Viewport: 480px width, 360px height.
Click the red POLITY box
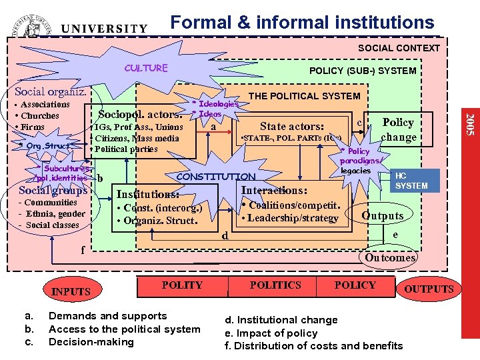pos(181,285)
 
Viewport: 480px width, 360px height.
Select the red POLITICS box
pos(275,285)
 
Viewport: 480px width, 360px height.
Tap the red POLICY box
pos(355,285)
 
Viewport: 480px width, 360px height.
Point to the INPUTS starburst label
pos(71,291)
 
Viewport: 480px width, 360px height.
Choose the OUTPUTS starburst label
pos(429,289)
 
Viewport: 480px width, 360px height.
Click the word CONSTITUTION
pos(215,177)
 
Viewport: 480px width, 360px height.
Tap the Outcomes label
pos(390,257)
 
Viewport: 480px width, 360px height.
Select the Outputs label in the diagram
pos(382,215)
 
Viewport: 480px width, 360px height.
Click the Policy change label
pos(398,130)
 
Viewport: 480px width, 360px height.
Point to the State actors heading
pos(292,127)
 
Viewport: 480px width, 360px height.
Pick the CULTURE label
pos(146,68)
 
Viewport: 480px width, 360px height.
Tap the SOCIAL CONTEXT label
pos(399,48)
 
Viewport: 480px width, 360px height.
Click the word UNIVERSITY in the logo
pos(104,29)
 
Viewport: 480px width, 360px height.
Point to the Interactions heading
pos(274,191)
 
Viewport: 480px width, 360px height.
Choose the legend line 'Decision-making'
pos(91,342)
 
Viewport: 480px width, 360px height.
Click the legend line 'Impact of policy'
pos(275,333)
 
